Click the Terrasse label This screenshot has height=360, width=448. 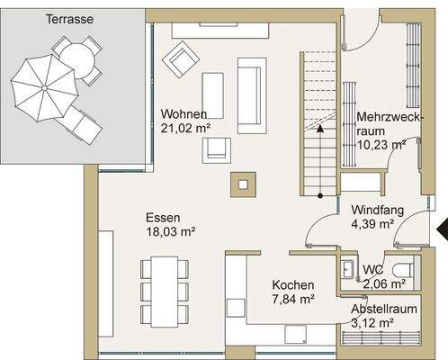tap(69, 19)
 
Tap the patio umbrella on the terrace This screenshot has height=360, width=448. tap(44, 88)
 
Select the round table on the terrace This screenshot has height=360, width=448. tap(77, 61)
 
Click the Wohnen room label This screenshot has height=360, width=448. tap(184, 114)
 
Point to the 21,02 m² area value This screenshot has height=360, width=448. tap(185, 128)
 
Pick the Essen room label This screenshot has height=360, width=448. tap(163, 218)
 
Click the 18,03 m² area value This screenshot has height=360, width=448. tap(171, 231)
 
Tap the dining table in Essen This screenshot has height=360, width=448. tap(165, 292)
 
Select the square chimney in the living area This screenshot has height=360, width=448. tap(243, 184)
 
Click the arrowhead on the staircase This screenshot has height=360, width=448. tap(320, 129)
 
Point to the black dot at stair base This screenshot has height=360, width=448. tap(320, 196)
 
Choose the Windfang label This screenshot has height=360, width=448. tap(378, 210)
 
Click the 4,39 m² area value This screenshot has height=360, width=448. tap(372, 224)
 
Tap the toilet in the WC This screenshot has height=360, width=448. tap(403, 271)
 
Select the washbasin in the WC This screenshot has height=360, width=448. tap(348, 269)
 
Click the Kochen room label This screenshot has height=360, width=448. tap(293, 285)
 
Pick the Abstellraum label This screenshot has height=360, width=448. tap(384, 309)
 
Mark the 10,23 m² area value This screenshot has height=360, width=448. tap(381, 145)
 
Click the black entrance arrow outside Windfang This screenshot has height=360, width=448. tap(442, 229)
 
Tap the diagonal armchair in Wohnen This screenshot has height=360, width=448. tap(181, 59)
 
